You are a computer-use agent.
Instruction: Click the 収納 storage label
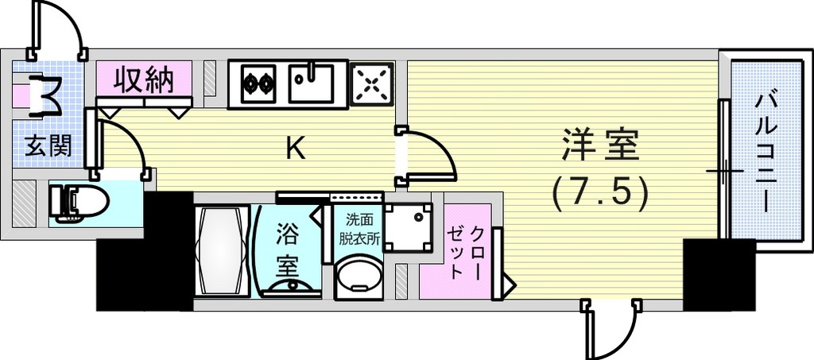[x=144, y=79]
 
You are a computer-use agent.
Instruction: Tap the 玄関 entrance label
[x=48, y=147]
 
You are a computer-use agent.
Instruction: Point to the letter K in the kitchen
[x=296, y=149]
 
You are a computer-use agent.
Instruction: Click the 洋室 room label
[x=601, y=147]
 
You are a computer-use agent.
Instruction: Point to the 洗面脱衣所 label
[x=359, y=230]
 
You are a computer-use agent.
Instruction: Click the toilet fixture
[x=79, y=204]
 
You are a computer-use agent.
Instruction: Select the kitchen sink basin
[x=311, y=83]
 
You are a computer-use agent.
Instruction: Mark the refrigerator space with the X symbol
[x=372, y=84]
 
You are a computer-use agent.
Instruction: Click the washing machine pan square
[x=408, y=227]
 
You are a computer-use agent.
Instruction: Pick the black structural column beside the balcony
[x=719, y=274]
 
